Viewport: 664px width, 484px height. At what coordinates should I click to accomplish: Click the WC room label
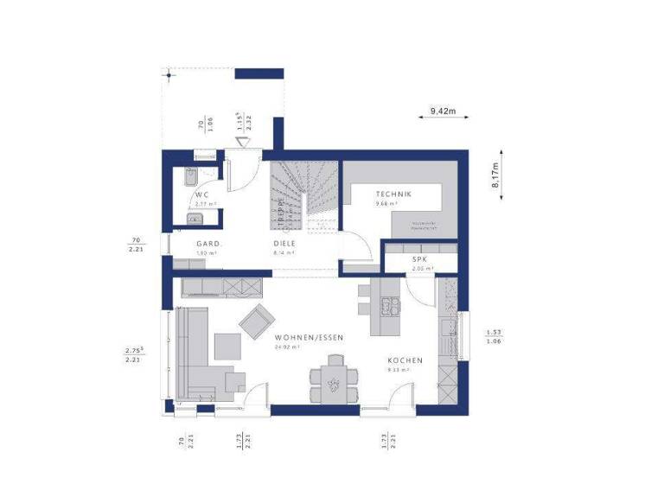[201, 194]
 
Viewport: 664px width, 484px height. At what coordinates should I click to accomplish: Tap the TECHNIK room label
[393, 194]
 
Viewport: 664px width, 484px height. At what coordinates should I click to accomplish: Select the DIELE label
[284, 244]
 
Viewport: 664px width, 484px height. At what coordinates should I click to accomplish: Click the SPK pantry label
[419, 259]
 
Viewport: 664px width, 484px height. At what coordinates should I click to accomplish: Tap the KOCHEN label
[405, 360]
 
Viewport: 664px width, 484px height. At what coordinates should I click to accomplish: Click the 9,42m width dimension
[443, 111]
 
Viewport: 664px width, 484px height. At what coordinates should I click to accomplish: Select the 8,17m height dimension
[495, 181]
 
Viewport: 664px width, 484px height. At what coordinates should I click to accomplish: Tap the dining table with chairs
[332, 381]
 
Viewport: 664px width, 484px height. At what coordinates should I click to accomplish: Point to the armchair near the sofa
[256, 323]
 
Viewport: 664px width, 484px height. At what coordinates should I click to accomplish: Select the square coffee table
[229, 346]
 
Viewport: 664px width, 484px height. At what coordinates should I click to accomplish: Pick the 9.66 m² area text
[386, 205]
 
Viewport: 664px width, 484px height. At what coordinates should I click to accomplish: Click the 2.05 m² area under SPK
[419, 269]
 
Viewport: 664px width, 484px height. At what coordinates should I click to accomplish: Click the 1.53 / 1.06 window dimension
[494, 336]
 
